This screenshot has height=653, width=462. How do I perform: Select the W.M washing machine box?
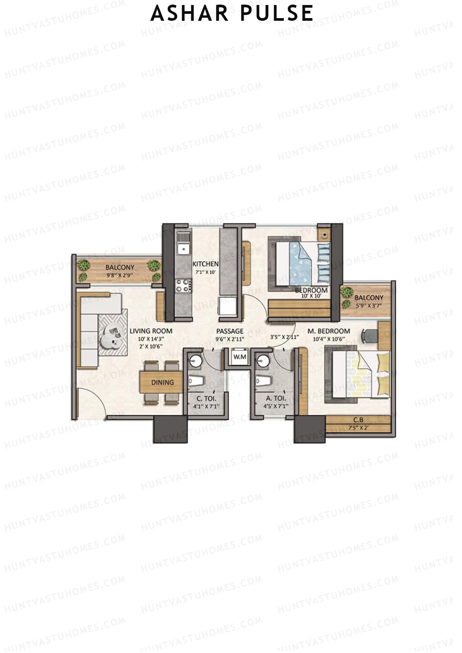click(x=239, y=357)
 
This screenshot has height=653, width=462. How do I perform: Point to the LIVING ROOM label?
click(x=151, y=331)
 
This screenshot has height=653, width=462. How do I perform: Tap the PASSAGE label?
click(x=229, y=331)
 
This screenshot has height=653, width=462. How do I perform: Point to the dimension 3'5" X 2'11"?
click(x=285, y=337)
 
